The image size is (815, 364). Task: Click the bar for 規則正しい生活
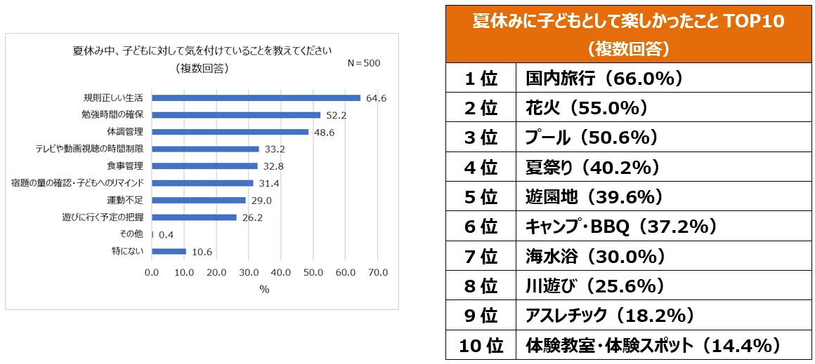pos(256,98)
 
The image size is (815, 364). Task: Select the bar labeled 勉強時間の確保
pos(236,115)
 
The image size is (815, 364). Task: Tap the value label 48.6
pos(324,132)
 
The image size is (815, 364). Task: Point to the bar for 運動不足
pos(199,201)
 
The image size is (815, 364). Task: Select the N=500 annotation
pos(364,63)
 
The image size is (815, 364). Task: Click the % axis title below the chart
pos(264,289)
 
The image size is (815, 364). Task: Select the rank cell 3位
pos(481,138)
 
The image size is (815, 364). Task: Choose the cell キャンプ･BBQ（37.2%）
pos(621,227)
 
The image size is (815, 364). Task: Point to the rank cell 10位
pos(481,346)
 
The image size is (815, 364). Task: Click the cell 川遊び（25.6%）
pos(595,286)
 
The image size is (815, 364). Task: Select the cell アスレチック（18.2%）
pos(610,316)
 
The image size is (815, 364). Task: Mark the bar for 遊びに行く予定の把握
pos(194,217)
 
